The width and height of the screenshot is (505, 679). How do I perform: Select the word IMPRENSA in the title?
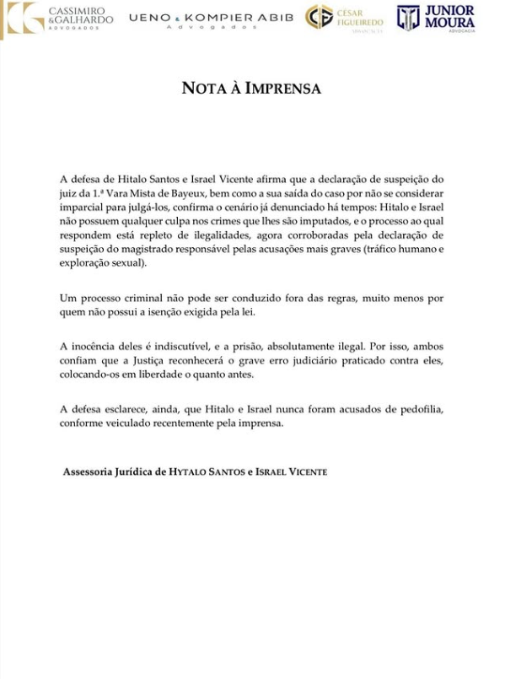[282, 89]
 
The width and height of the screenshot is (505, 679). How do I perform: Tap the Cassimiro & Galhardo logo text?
[80, 16]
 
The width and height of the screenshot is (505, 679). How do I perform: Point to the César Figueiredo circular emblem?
[319, 17]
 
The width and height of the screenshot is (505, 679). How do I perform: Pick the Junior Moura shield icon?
[408, 17]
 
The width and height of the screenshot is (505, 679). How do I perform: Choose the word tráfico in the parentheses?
[373, 248]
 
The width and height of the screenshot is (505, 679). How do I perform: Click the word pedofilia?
[419, 409]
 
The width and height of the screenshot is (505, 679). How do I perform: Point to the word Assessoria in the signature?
[91, 472]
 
